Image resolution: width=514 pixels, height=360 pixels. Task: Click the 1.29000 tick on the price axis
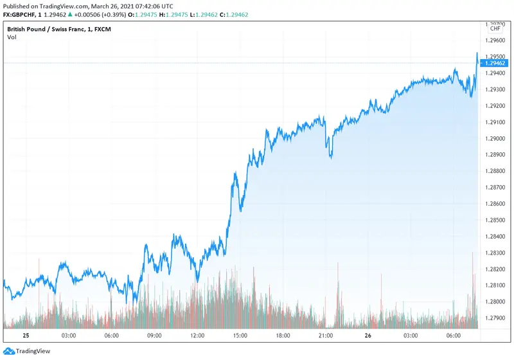[x=495, y=138]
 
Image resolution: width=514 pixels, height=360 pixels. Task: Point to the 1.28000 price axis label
[x=495, y=301]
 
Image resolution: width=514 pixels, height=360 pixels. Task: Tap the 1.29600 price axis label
[x=495, y=40]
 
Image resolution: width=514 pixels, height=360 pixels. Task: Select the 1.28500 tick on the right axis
[x=495, y=220]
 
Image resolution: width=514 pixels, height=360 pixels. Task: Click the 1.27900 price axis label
[x=495, y=318]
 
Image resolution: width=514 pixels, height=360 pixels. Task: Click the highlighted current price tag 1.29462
[x=495, y=63]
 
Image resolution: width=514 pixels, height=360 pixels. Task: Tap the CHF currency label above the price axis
[x=495, y=28]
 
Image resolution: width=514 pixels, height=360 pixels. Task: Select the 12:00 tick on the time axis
[x=197, y=336]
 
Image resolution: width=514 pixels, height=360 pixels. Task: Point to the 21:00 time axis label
[x=326, y=336]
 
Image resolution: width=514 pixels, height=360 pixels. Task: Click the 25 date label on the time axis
[x=26, y=336]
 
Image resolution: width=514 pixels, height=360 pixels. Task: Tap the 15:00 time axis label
[x=240, y=336]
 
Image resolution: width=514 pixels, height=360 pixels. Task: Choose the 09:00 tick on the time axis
[x=154, y=336]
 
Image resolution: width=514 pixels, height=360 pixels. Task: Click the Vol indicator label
[x=12, y=37]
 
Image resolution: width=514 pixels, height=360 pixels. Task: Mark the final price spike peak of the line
[x=477, y=53]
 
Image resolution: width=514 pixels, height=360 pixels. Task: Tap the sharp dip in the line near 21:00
[x=331, y=157]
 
